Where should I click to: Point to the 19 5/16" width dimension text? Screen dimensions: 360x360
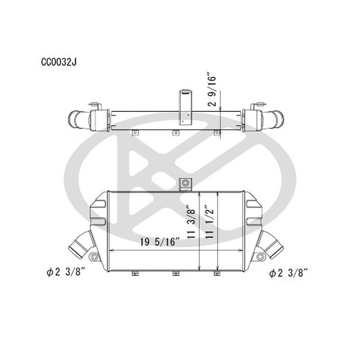[158, 243]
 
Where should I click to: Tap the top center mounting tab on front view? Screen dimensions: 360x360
[185, 183]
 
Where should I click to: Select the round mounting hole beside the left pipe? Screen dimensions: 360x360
[94, 257]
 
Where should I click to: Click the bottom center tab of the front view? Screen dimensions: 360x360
[176, 274]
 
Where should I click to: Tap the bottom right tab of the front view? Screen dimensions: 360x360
[217, 274]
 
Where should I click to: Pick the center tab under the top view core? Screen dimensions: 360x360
[176, 133]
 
